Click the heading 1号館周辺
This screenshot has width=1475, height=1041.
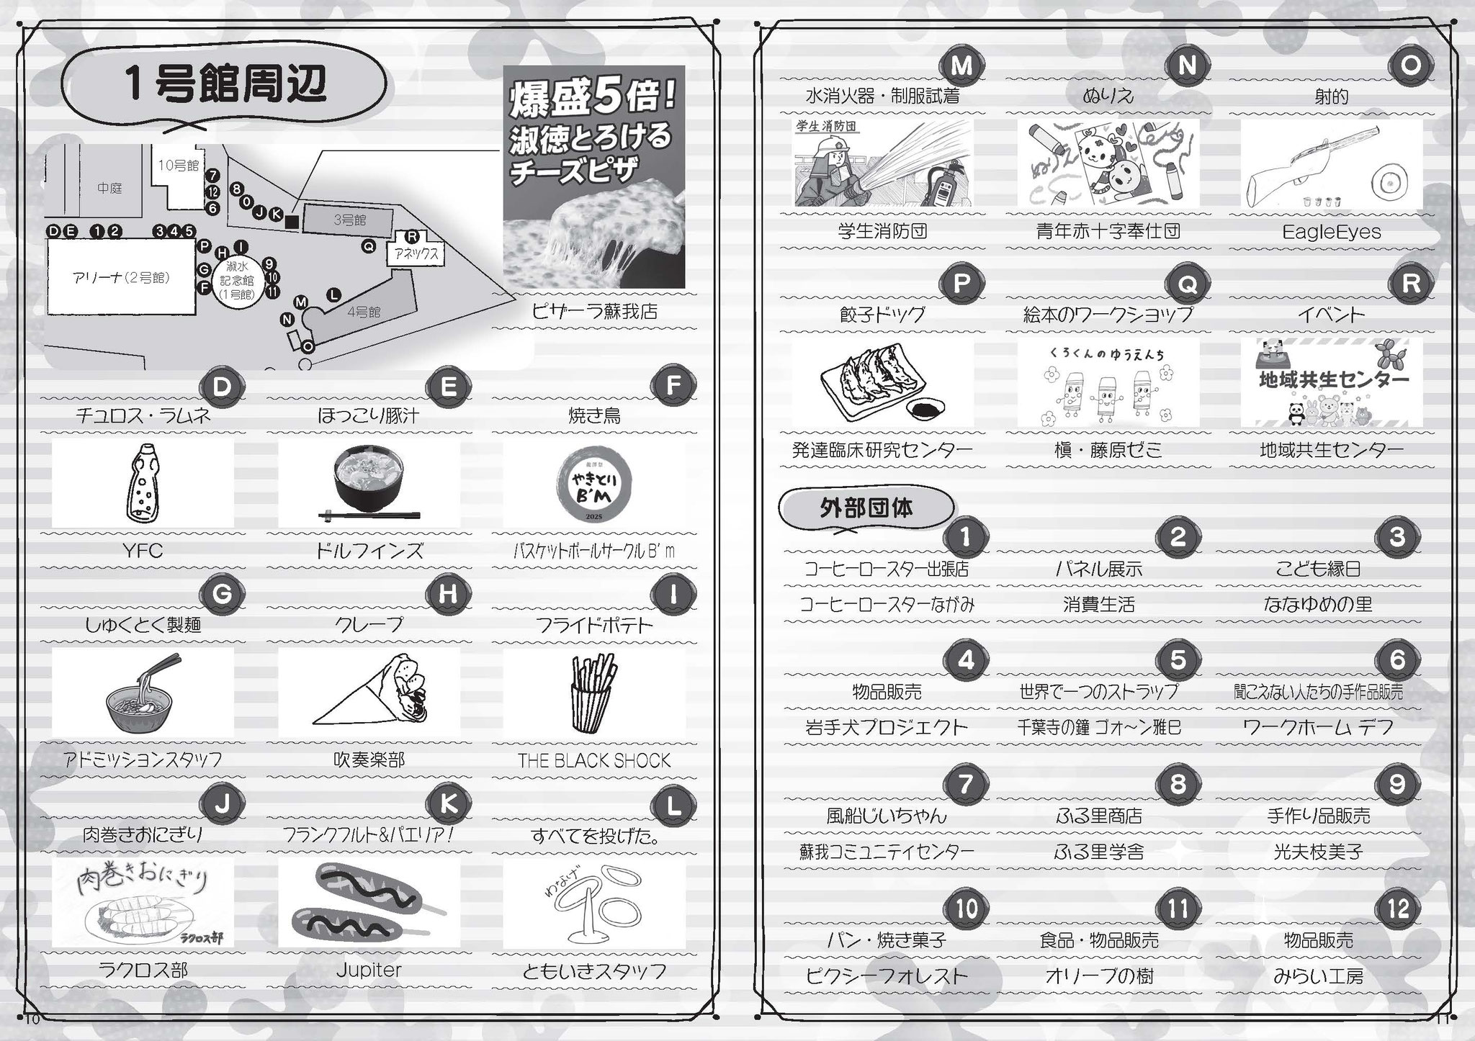pyautogui.click(x=225, y=85)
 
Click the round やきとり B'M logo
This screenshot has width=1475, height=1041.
pyautogui.click(x=594, y=483)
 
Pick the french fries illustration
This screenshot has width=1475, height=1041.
pyautogui.click(x=593, y=691)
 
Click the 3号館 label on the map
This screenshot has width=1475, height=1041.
pyautogui.click(x=349, y=220)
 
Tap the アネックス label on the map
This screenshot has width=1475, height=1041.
pyautogui.click(x=413, y=253)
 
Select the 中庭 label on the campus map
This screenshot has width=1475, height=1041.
pyautogui.click(x=109, y=188)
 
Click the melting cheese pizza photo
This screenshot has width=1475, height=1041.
pyautogui.click(x=594, y=176)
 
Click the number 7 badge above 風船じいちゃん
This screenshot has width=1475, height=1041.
pyautogui.click(x=966, y=784)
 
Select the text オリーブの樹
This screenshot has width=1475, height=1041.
pyautogui.click(x=1099, y=976)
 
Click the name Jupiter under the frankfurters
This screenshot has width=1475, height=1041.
pyautogui.click(x=368, y=970)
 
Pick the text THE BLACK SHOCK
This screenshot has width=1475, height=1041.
pyautogui.click(x=594, y=760)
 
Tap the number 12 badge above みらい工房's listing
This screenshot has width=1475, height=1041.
pyautogui.click(x=1398, y=908)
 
